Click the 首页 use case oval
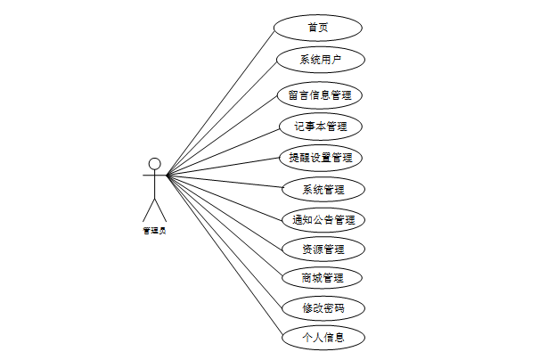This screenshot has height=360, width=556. (x=318, y=27)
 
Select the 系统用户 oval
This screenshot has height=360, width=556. (x=320, y=61)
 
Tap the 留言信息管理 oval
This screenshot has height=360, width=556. (x=320, y=94)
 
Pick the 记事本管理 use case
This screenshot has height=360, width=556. (x=320, y=127)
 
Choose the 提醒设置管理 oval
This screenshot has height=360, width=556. (x=320, y=158)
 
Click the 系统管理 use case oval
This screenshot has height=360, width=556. (x=323, y=190)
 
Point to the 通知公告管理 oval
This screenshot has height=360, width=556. (x=323, y=219)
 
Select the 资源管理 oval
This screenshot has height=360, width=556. (x=323, y=249)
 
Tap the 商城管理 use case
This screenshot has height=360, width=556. (x=323, y=278)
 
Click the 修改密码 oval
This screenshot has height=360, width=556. (x=323, y=308)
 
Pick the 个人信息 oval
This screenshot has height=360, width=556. (x=323, y=338)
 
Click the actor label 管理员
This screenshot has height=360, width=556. (x=154, y=231)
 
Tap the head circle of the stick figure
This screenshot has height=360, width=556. (x=154, y=163)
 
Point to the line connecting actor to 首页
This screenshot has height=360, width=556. (x=219, y=102)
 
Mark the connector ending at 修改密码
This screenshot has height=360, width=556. (x=224, y=241)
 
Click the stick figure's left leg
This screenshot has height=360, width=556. (x=148, y=209)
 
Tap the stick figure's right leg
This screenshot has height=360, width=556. (x=160, y=209)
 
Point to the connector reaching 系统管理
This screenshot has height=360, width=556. (x=225, y=181)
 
